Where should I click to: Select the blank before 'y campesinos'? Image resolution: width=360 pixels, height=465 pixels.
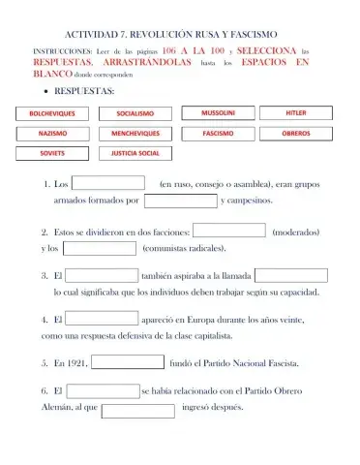(x=181, y=201)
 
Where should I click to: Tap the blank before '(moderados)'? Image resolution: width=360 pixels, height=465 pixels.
(x=229, y=231)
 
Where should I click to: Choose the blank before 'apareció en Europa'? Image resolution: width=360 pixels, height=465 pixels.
(x=102, y=318)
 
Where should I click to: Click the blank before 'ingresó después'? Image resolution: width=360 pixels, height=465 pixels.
(x=137, y=409)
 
